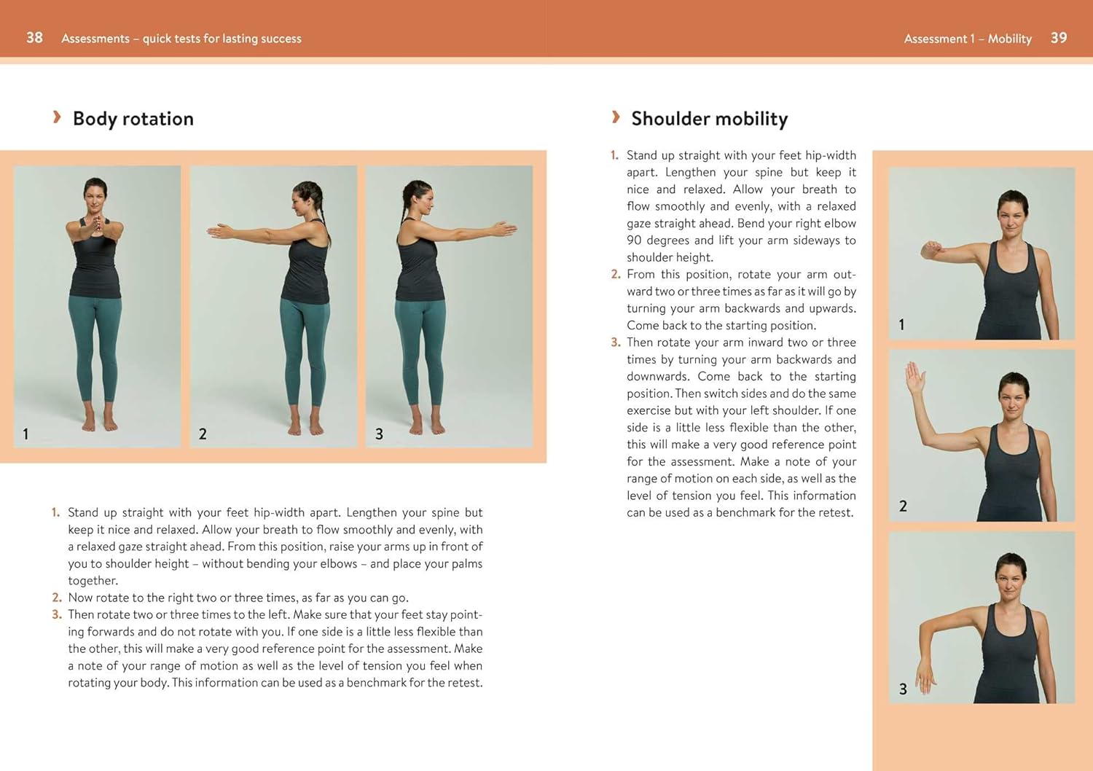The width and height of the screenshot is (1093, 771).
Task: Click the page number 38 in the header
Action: pyautogui.click(x=34, y=38)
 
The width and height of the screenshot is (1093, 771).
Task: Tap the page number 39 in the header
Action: pyautogui.click(x=1058, y=38)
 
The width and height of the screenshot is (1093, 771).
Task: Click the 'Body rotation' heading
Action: pyautogui.click(x=133, y=119)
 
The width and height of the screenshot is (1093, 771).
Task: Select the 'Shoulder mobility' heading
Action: pyautogui.click(x=709, y=119)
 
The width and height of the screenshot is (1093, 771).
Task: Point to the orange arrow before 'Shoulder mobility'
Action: pyautogui.click(x=616, y=117)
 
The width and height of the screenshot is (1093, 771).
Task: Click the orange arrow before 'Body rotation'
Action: pyautogui.click(x=57, y=117)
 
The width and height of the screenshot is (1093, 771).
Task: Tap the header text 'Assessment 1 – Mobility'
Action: pyautogui.click(x=967, y=39)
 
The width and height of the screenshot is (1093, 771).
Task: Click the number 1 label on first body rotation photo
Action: pyautogui.click(x=26, y=434)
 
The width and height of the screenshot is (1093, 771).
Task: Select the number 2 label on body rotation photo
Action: pyautogui.click(x=203, y=434)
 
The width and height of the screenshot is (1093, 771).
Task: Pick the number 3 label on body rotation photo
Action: pyautogui.click(x=379, y=434)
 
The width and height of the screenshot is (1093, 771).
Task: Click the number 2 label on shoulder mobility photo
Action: pyautogui.click(x=903, y=506)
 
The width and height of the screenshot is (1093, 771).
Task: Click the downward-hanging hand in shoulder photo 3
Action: pyautogui.click(x=925, y=674)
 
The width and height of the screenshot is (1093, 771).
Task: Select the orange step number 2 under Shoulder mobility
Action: pyautogui.click(x=616, y=274)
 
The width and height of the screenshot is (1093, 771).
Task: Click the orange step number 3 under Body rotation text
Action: pyautogui.click(x=57, y=614)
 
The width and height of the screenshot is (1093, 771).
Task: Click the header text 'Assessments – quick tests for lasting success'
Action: pyautogui.click(x=181, y=39)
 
